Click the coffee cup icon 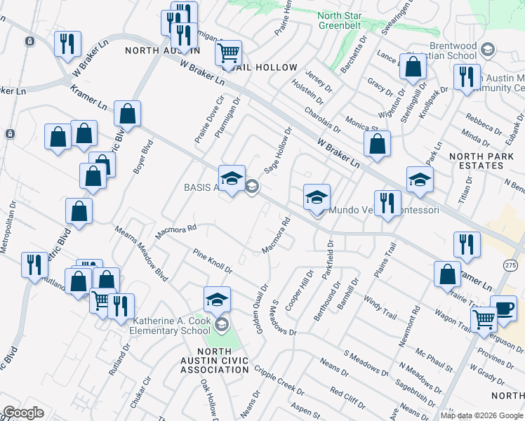503,307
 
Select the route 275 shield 511,264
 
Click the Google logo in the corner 23,413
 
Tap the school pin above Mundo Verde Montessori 317,196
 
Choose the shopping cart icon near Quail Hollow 228,53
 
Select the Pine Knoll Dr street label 212,260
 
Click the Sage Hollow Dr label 278,151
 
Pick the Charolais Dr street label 322,120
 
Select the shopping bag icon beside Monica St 377,144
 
